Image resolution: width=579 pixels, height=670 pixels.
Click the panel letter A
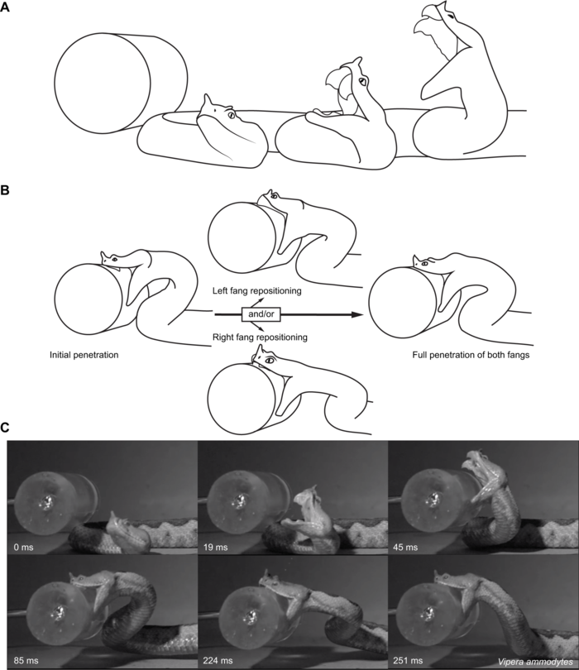[5, 7]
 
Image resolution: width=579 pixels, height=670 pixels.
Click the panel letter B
[5, 190]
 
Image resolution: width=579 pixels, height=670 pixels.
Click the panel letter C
[5, 428]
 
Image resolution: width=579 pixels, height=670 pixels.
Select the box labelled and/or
[261, 314]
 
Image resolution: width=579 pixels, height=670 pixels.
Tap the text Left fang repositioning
[256, 290]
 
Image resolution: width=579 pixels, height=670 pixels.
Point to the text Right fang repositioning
[260, 337]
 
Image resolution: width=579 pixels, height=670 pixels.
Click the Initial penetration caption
[84, 355]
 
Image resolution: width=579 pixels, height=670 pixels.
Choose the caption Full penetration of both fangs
[471, 355]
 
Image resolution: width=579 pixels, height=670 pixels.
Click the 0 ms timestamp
[23, 547]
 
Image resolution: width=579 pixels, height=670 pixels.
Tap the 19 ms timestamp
[215, 547]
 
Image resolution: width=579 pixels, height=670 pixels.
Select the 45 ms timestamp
[405, 547]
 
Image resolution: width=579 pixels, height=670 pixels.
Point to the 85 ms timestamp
[26, 660]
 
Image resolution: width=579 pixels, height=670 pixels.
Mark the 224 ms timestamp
[218, 660]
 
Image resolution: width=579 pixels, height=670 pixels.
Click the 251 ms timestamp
[408, 660]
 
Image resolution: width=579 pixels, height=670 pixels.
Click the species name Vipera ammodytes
[535, 662]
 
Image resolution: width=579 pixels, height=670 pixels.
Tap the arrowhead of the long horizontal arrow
[357, 314]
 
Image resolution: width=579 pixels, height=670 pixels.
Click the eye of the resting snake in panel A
[231, 114]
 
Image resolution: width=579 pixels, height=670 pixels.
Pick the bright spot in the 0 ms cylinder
[47, 500]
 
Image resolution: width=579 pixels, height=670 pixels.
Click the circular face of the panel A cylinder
[103, 84]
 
